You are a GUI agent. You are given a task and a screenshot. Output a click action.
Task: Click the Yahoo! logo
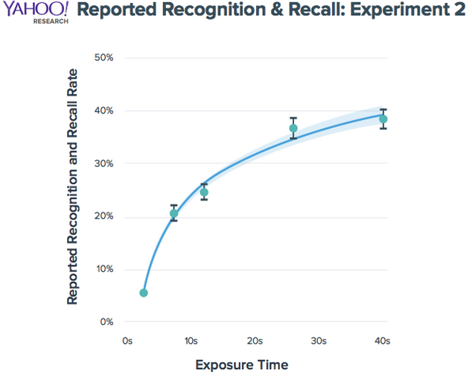click(35, 10)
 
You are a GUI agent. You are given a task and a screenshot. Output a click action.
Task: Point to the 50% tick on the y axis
click(103, 57)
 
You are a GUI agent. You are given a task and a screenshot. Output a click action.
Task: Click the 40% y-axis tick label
click(103, 110)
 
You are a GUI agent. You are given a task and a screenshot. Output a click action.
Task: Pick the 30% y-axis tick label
click(103, 163)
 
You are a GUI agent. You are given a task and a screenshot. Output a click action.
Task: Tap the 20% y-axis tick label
click(103, 216)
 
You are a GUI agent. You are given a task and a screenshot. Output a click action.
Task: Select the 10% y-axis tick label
click(103, 269)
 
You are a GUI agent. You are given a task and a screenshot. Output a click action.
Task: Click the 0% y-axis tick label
click(106, 322)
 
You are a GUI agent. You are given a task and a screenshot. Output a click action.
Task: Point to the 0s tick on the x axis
click(127, 341)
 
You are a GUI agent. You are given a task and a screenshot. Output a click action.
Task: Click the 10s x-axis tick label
click(190, 341)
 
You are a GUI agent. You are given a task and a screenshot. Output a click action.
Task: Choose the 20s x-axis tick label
click(255, 341)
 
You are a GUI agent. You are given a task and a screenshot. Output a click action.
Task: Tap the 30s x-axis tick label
click(319, 341)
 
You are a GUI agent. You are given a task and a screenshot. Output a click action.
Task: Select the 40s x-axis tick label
click(383, 341)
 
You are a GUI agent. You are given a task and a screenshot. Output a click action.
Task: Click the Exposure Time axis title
click(241, 365)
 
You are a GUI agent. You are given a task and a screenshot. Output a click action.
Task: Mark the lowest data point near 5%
click(144, 293)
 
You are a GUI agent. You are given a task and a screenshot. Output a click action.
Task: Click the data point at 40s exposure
click(383, 119)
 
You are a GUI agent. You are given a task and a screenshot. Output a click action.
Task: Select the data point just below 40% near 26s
click(293, 128)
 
